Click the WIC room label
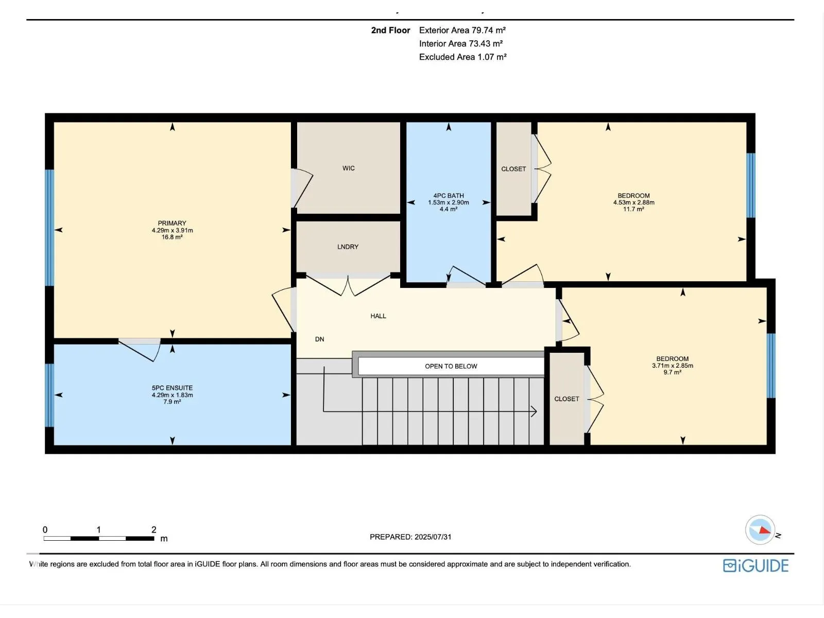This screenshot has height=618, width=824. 348,168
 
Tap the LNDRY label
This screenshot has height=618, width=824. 348,247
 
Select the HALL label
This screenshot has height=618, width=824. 378,316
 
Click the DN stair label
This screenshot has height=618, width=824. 319,339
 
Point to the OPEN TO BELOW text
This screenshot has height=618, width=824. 451,366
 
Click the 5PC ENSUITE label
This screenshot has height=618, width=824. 173,388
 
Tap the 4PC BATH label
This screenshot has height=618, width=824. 449,196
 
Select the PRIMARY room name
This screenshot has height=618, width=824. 172,224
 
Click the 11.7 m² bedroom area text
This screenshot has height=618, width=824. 633,209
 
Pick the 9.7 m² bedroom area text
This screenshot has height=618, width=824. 673,372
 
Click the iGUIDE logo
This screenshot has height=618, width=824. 756,565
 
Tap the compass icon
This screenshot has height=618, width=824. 760,529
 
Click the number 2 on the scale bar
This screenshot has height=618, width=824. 154,529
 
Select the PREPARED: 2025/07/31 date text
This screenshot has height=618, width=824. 410,537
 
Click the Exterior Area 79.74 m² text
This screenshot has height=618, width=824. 462,30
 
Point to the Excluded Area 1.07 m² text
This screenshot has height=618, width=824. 462,57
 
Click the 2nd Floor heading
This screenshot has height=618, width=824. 390,30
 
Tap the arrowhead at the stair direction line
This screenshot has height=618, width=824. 534,411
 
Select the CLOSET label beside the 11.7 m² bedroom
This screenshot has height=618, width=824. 513,169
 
